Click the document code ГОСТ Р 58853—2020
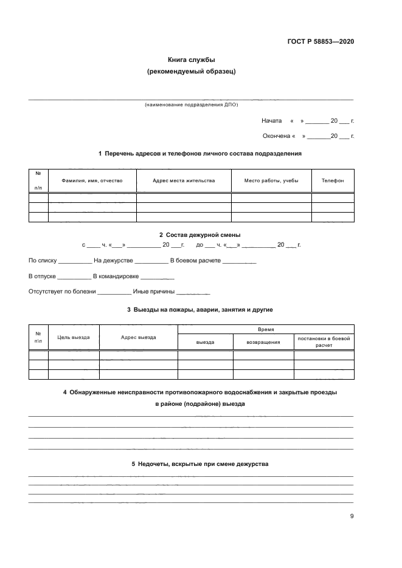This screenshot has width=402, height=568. pos(321,41)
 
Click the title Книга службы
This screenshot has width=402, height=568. pos(192,60)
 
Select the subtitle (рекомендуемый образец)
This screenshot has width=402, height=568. pos(192,72)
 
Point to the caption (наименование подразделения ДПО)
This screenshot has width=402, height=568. pos(192,105)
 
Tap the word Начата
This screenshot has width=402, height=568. pos(271,120)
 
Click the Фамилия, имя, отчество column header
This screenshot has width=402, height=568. pos(92,180)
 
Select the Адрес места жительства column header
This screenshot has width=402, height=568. pos(184,180)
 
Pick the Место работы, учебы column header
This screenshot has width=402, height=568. pos(271,180)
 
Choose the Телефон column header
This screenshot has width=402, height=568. pos(333,180)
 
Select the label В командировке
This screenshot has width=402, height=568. pos(116,276)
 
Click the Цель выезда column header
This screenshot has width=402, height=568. pos(74,337)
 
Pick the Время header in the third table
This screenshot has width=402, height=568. pos(266,329)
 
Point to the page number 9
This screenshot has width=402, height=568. pos(352,516)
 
